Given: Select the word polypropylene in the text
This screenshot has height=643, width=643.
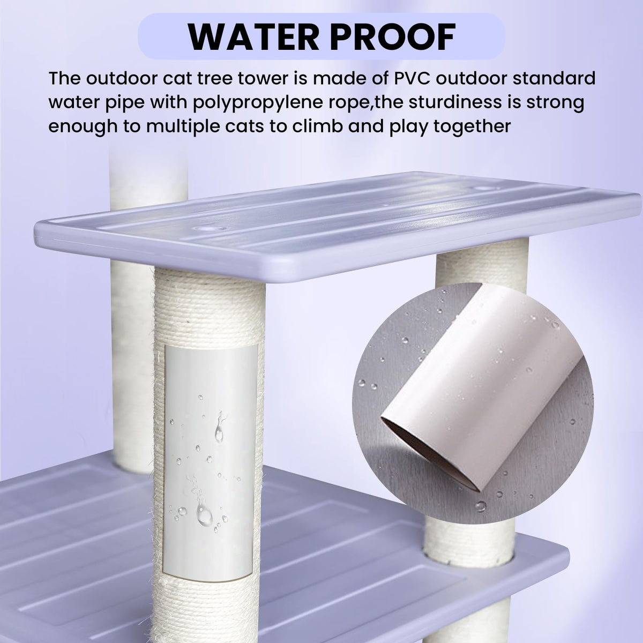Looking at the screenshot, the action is [x=258, y=103].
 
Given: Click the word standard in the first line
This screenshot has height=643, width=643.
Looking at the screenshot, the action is [x=554, y=78].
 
